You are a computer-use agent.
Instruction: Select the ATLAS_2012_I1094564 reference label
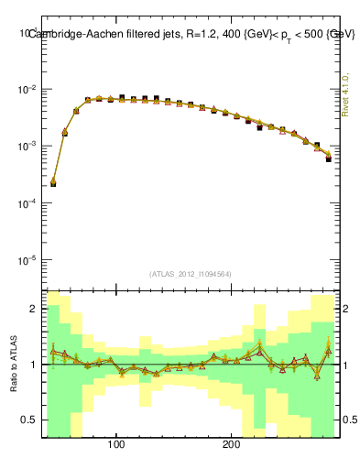(189, 273)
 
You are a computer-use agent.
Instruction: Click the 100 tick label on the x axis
(116, 446)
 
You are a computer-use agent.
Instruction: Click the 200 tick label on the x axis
(232, 446)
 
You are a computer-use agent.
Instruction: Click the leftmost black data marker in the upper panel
(53, 183)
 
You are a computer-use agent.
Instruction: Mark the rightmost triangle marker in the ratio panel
(329, 351)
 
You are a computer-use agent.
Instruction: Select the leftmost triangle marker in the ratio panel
(53, 351)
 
